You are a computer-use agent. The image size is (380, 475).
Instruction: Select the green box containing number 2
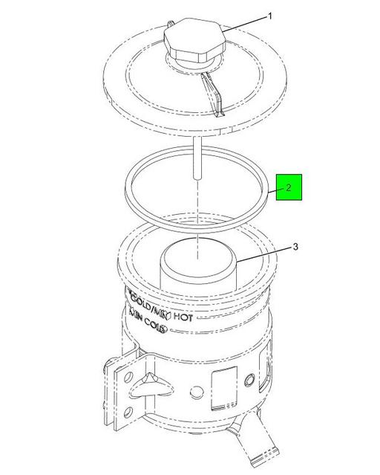coord(288,187)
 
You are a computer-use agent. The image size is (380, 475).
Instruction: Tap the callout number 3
coord(295,248)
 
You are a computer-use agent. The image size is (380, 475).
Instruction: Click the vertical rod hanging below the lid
coord(197,160)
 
